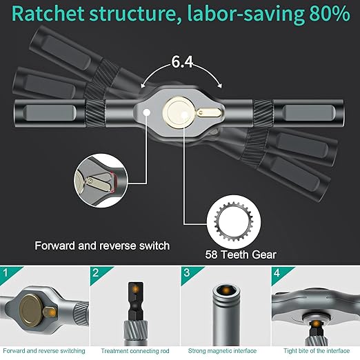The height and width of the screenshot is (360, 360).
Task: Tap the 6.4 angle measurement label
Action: click(182, 62)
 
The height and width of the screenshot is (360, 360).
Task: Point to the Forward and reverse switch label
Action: click(102, 245)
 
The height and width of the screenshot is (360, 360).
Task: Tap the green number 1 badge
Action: click(6, 273)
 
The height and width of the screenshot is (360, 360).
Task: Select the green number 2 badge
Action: click(96, 273)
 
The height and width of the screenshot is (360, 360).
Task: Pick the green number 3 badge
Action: click(186, 273)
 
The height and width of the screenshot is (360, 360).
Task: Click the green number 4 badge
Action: click(277, 273)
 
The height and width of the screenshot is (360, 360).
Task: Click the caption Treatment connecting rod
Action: click(134, 351)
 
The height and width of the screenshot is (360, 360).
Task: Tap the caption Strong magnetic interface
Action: click(224, 351)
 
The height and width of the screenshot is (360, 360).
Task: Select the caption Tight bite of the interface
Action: click(315, 351)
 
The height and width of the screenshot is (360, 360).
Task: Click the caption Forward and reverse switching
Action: click(44, 351)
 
